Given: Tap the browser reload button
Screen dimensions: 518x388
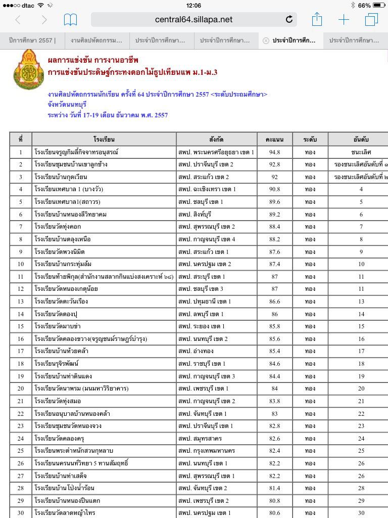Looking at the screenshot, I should click(289, 20).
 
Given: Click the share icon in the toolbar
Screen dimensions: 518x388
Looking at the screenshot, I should click(317, 20).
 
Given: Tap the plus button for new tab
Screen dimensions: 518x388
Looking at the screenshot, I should click(344, 20).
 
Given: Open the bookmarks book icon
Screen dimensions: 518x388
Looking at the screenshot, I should click(70, 20).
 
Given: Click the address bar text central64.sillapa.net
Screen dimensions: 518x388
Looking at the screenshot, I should click(193, 20).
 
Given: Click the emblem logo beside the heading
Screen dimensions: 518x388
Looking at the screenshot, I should click(25, 70).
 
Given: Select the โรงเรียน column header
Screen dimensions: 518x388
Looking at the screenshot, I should click(104, 139).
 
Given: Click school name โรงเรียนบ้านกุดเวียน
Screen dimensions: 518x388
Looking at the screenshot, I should click(61, 177).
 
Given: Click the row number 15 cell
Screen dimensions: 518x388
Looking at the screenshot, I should click(21, 326).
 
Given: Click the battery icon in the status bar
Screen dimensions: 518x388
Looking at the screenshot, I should click(379, 6).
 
